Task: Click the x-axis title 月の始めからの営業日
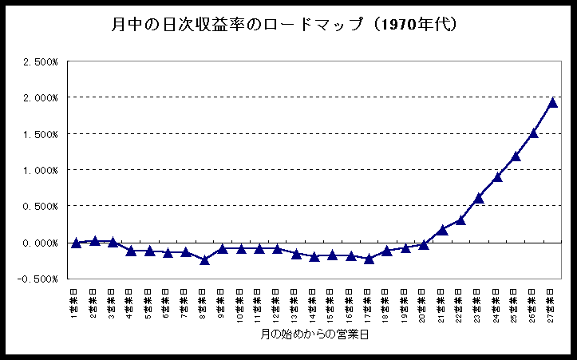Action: coord(314,334)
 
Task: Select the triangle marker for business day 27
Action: coord(552,102)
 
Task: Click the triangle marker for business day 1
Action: coord(76,243)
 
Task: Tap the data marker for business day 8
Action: coord(204,259)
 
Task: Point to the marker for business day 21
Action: coord(442,230)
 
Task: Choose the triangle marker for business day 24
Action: coord(497,177)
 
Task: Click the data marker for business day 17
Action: coord(369,259)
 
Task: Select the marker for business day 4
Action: coord(131,251)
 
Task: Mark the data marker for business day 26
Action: coord(534,133)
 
